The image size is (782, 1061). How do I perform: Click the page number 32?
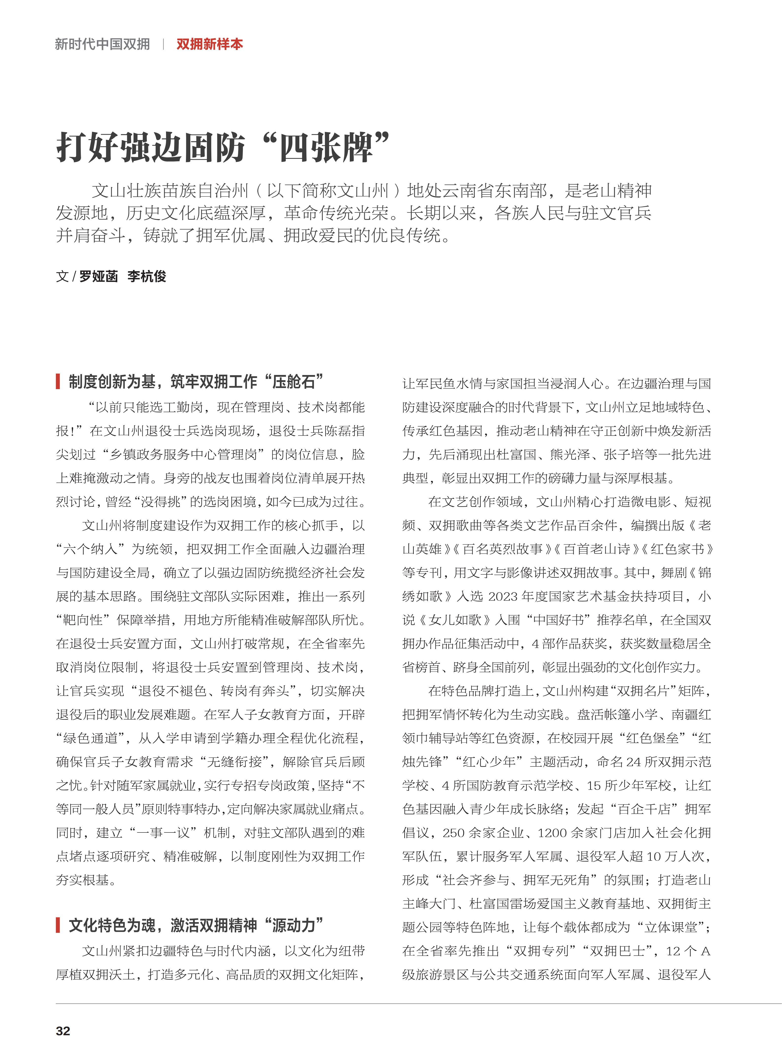(x=63, y=1031)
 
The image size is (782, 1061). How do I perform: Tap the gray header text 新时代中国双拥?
(x=102, y=45)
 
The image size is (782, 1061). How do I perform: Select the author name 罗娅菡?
(x=99, y=276)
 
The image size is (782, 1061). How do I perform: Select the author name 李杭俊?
(x=147, y=276)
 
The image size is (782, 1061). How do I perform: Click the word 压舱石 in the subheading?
(x=294, y=381)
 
